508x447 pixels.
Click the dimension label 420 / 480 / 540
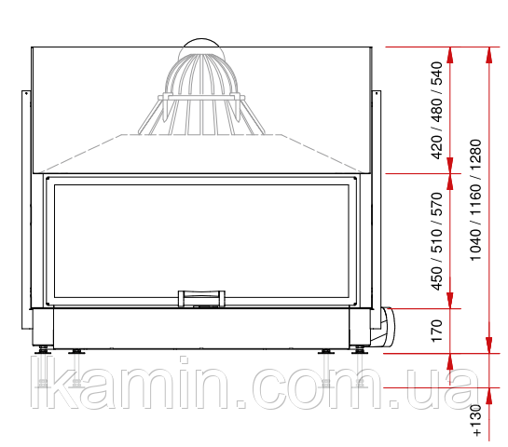point(437,111)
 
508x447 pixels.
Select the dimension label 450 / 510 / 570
point(437,241)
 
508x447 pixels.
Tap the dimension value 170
point(437,331)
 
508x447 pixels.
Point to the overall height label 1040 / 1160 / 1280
point(475,200)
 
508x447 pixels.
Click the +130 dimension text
point(477,420)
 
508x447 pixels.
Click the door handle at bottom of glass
point(201,298)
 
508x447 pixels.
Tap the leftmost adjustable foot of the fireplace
point(43,350)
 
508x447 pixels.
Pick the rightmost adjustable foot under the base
point(359,350)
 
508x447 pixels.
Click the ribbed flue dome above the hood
point(201,94)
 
